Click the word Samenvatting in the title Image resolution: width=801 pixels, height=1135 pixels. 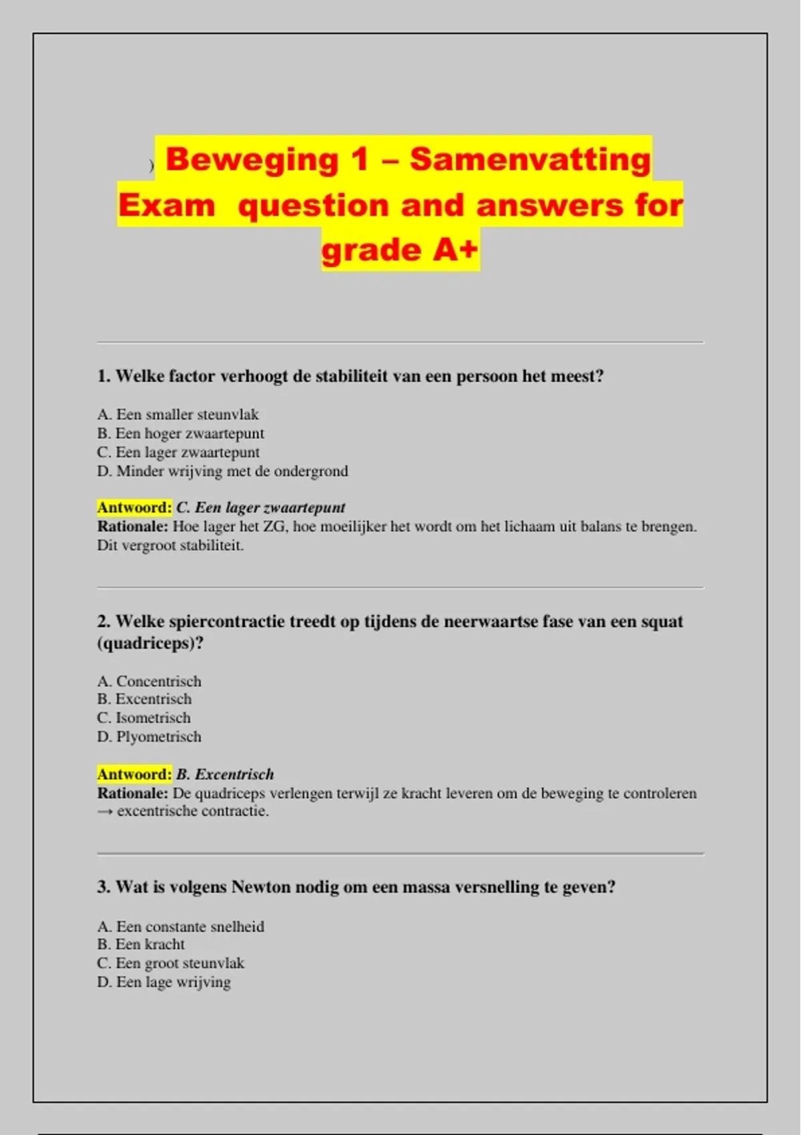point(530,160)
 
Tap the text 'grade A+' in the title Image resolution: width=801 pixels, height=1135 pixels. point(399,250)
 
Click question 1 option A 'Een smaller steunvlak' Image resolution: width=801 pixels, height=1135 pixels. point(178,415)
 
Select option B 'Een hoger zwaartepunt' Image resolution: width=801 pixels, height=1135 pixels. point(180,433)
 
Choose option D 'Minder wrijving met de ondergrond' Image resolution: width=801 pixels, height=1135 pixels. point(222,471)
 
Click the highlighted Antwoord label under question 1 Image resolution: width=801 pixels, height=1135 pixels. point(134,507)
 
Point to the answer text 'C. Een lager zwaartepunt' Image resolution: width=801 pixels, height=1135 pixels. point(260,507)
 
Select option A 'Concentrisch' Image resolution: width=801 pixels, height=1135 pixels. point(149,681)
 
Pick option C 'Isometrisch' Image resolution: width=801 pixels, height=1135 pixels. point(144,718)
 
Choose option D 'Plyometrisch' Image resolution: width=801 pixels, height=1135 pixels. point(149,737)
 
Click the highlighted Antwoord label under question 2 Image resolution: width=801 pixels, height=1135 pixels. point(134,774)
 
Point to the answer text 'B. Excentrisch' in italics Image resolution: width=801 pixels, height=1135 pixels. point(225,774)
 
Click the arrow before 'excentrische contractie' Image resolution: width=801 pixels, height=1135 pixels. point(105,812)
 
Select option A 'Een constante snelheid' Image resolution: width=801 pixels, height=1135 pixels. point(180,927)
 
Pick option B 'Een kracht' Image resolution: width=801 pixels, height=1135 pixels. point(141,945)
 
